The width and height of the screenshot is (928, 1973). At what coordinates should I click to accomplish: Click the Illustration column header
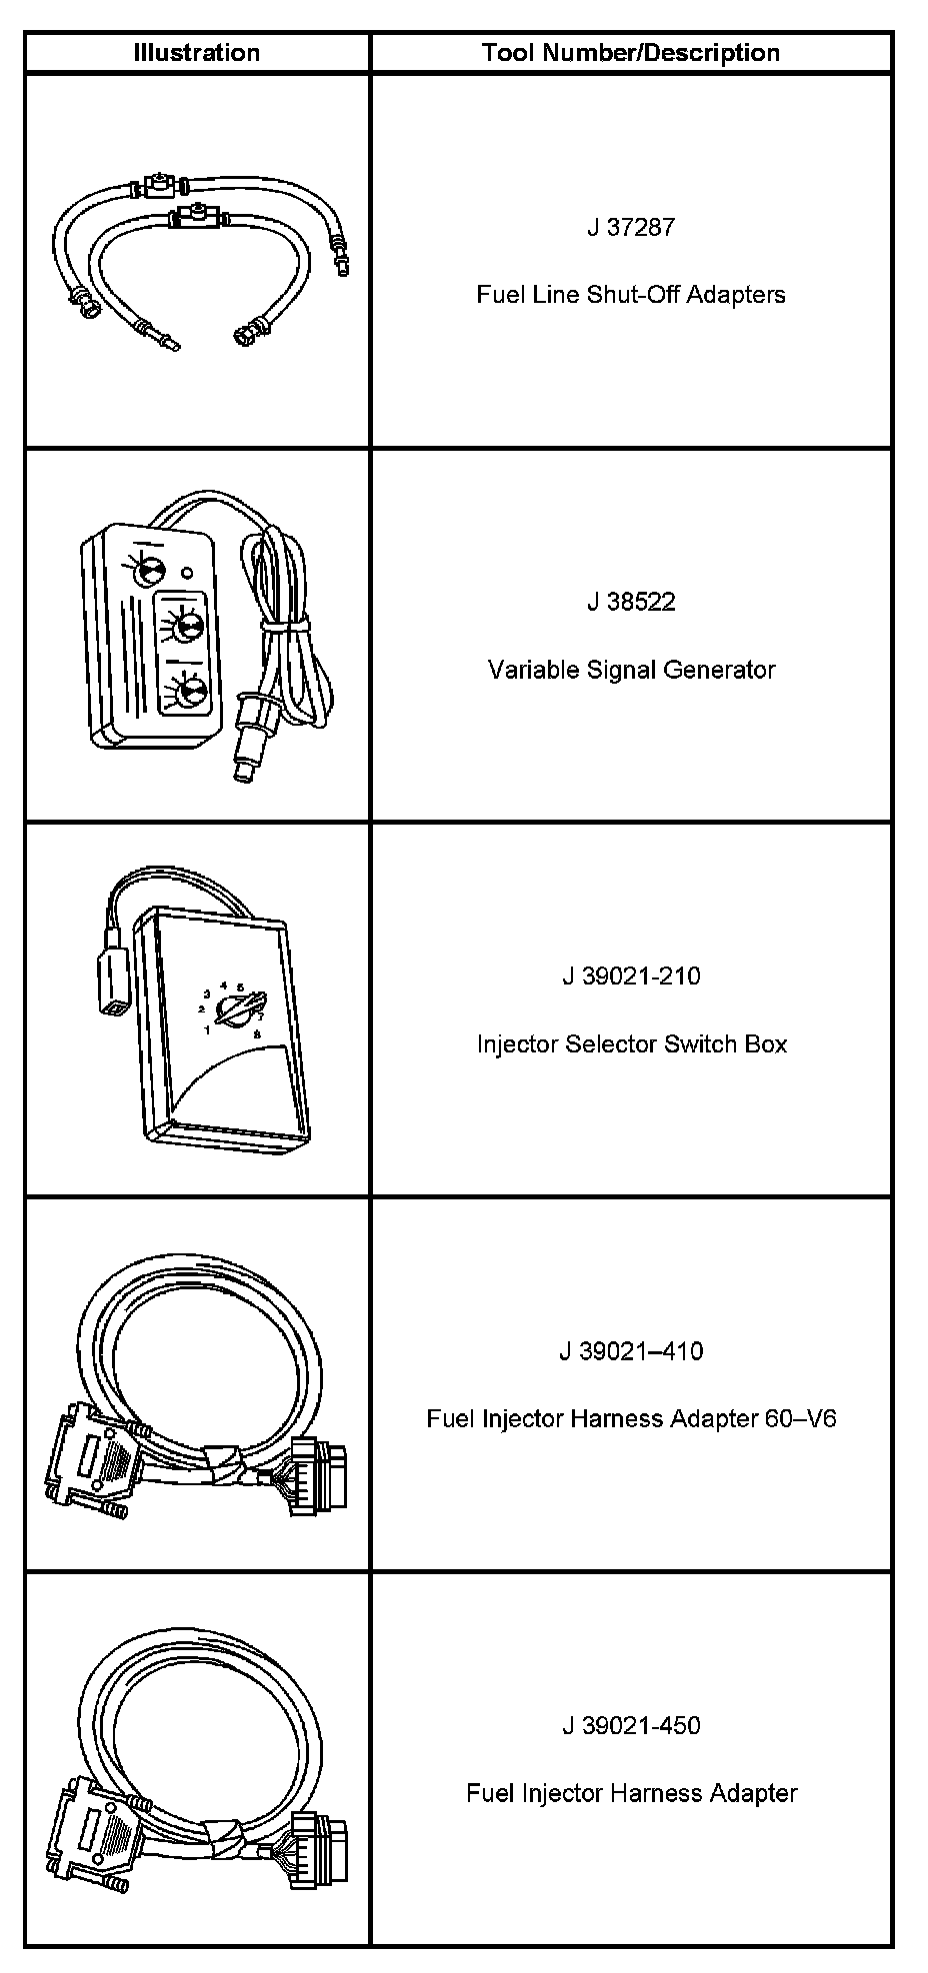click(197, 53)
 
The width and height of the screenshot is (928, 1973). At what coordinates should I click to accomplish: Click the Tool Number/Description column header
click(630, 53)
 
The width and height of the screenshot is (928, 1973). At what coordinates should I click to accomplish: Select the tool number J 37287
click(630, 227)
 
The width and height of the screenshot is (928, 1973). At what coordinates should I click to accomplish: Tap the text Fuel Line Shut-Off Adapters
click(630, 295)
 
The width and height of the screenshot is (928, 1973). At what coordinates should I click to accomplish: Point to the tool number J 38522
click(630, 602)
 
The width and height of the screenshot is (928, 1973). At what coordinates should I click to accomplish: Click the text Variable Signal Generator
click(630, 670)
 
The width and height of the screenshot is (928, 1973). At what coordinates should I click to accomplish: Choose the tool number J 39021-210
click(630, 977)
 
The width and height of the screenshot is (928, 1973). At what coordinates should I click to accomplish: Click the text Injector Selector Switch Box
click(630, 1044)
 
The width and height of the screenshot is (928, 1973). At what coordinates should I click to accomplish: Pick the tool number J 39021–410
click(630, 1351)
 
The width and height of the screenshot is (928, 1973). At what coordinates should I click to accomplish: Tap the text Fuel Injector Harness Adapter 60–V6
click(630, 1418)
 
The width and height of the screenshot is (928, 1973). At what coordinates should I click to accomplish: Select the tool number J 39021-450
click(630, 1726)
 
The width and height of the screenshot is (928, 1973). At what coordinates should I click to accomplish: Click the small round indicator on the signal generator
click(187, 574)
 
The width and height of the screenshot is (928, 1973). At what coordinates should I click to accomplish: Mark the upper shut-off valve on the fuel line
click(157, 185)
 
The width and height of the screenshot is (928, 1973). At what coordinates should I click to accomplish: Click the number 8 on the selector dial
click(257, 1035)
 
